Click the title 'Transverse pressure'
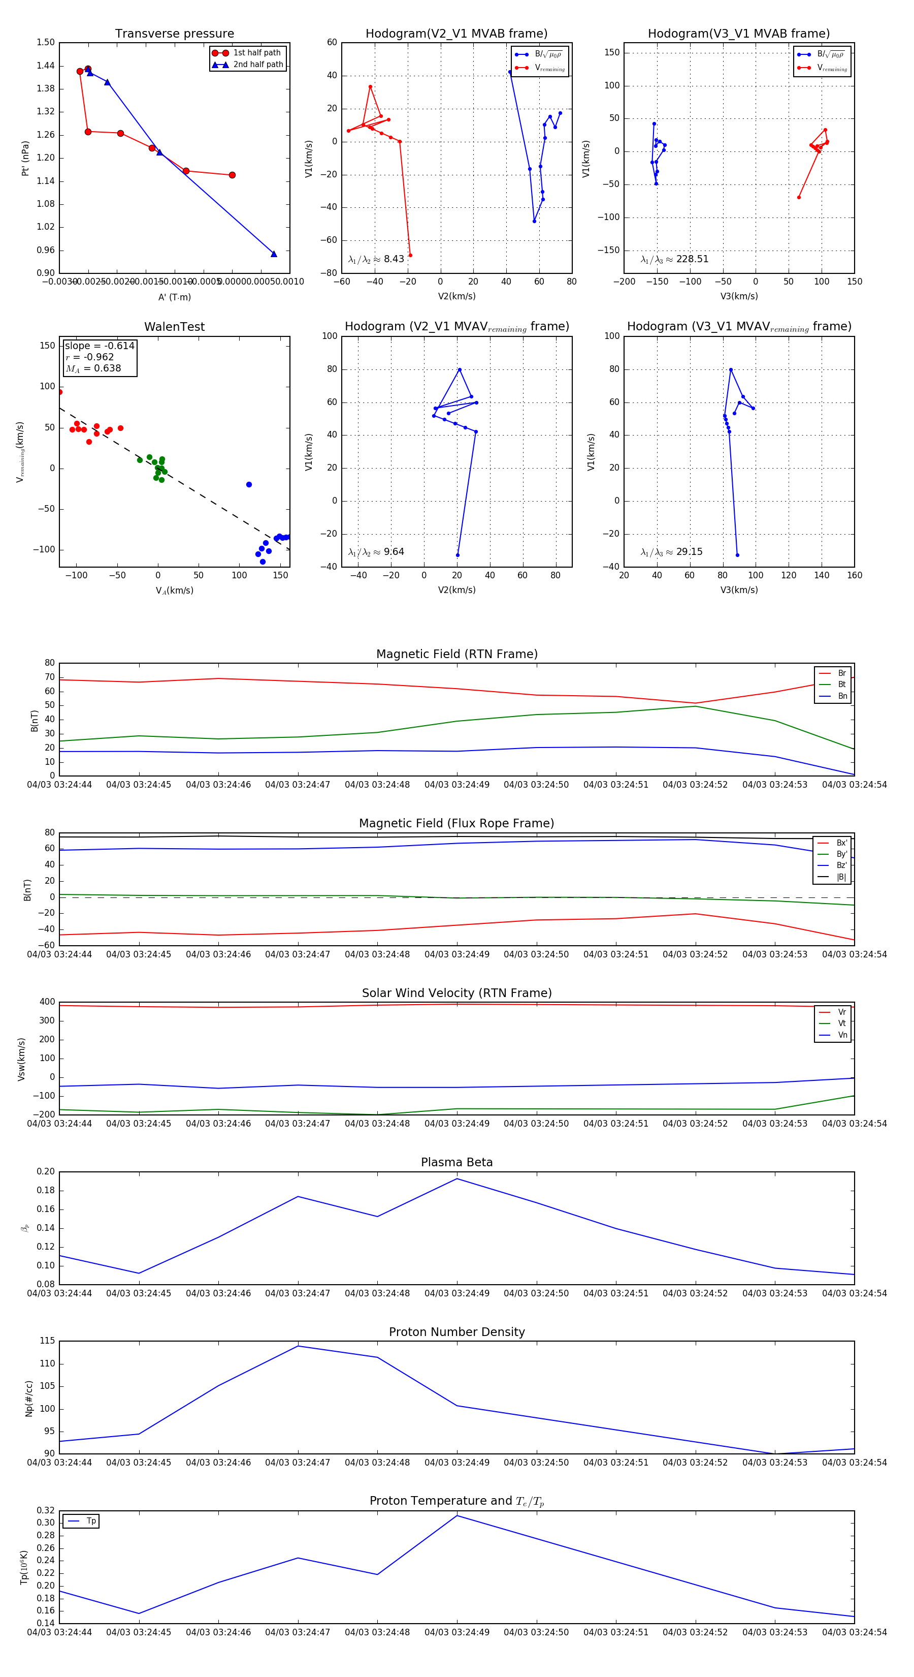[174, 34]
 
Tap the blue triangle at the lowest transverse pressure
[274, 254]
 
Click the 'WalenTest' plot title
[174, 327]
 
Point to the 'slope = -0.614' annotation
[100, 346]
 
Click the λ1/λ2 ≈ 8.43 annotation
[376, 259]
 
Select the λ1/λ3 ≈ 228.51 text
[675, 259]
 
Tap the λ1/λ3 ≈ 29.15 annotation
[671, 552]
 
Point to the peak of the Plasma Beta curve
[456, 1179]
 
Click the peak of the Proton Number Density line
[298, 1346]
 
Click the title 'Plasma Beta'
[456, 1162]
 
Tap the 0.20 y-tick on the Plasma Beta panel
[46, 1172]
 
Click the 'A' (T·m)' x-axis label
[174, 297]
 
